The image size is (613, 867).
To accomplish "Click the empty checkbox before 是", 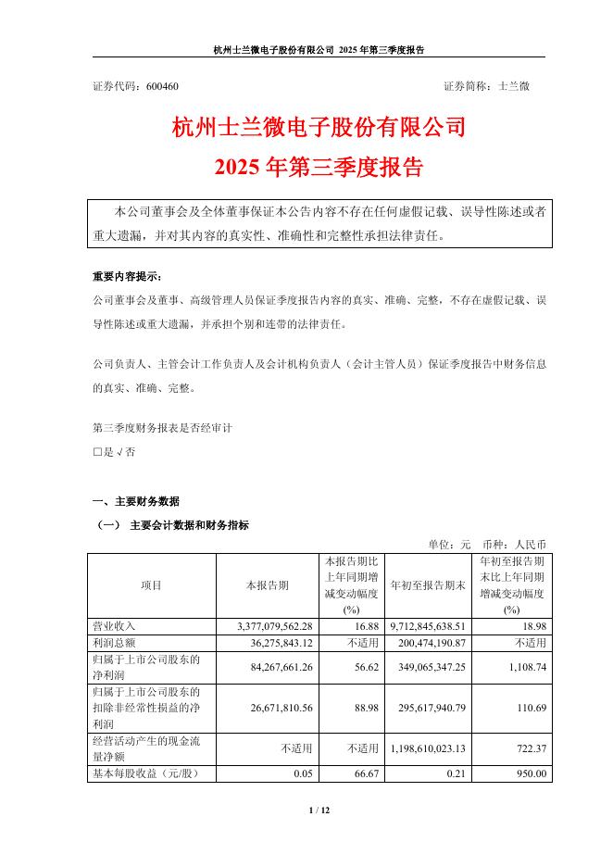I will point(97,453).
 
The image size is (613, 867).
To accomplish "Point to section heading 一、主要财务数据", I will point(136,501).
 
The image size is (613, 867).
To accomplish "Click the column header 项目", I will point(151,585).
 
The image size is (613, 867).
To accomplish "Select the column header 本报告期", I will point(267,585).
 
